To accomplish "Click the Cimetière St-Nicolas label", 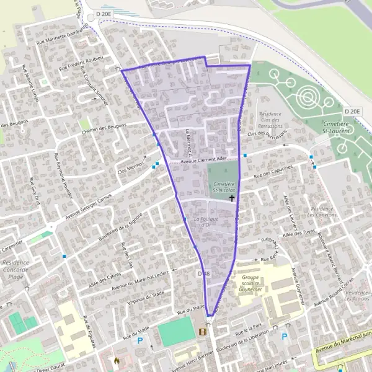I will point(223,187).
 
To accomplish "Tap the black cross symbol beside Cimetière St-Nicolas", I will point(232,198).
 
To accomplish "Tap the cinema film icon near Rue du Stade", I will point(201,332).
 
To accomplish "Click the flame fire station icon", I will point(117,359).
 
